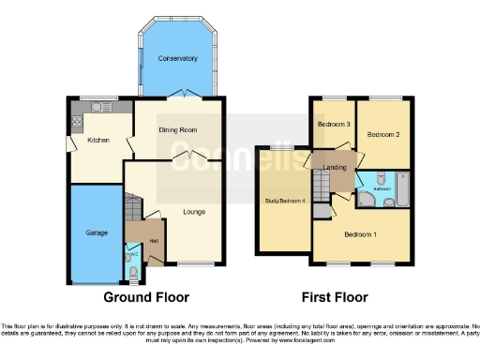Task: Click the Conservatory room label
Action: point(177,58)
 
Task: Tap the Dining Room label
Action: point(176,129)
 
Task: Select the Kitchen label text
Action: point(98,140)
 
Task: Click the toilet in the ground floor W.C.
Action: point(133,273)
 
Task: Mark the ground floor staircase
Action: point(132,207)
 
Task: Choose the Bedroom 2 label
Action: point(383,135)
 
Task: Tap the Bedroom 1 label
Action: point(361,234)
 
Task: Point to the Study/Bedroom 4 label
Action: point(285,201)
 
